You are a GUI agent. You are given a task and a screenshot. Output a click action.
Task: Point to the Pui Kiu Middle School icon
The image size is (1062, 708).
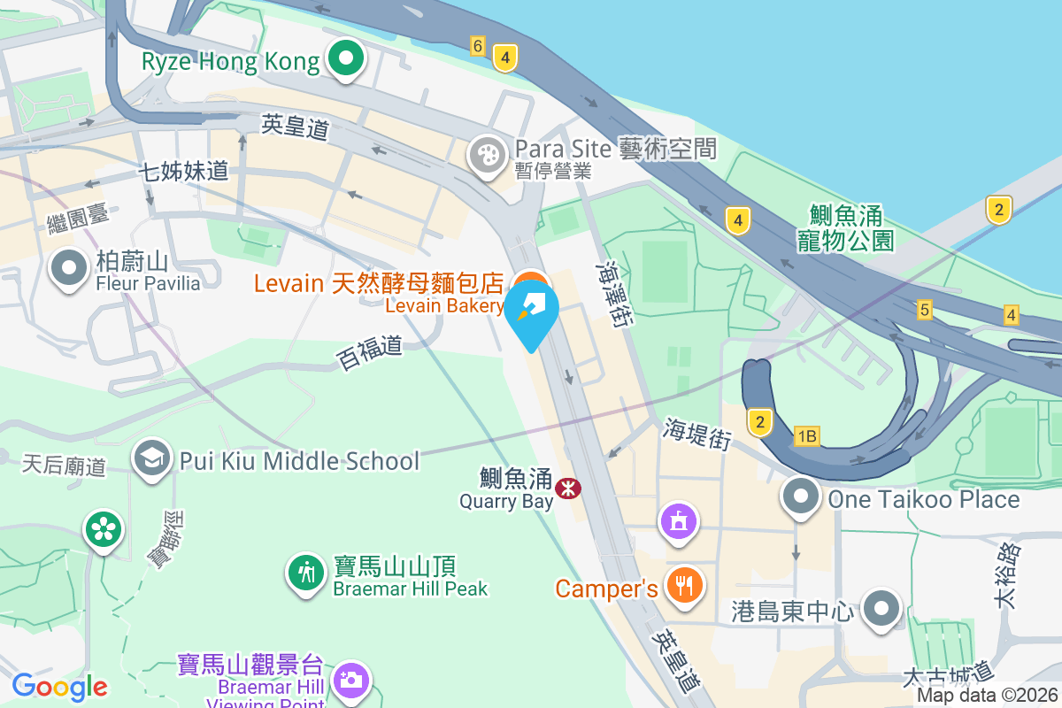152,459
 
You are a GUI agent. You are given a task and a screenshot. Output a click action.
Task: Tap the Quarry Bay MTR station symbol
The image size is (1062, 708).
567,487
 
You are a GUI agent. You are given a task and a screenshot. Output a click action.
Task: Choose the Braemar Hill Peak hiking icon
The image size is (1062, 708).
306,572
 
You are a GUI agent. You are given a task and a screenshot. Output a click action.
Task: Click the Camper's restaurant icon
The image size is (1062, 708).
684,585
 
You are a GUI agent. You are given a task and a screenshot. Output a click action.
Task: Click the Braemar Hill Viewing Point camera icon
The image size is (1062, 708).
351,680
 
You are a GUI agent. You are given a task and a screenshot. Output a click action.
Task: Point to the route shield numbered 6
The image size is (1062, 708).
478,46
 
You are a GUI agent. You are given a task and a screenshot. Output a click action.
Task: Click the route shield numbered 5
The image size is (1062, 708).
925,310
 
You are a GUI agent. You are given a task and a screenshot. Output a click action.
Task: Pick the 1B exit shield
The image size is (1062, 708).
806,435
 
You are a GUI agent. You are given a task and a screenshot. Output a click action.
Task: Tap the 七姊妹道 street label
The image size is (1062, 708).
184,172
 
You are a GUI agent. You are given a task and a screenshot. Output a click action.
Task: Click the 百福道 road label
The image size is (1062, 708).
369,352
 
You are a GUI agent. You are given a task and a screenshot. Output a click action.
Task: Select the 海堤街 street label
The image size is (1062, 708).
697,434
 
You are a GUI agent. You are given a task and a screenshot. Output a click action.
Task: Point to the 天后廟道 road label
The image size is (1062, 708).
64,465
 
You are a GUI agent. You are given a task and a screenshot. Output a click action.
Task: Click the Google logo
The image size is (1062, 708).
59,686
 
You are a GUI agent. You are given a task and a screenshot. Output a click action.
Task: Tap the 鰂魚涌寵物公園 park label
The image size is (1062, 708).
846,227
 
